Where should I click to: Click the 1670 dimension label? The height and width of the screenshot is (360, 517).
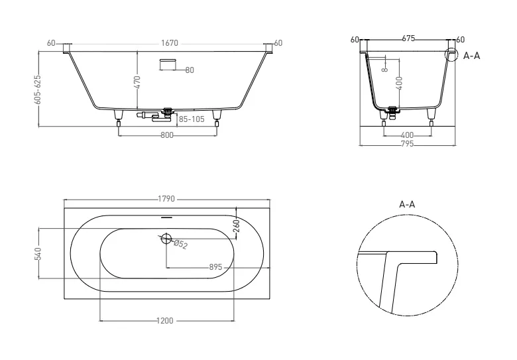(170, 43)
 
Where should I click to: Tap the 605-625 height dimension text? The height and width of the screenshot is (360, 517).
(38, 90)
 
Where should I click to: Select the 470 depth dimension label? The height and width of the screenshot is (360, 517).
(137, 82)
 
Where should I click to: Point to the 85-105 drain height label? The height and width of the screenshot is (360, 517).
(192, 119)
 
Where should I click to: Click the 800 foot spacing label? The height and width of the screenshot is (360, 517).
(167, 135)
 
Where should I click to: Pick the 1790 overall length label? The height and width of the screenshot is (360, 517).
(166, 199)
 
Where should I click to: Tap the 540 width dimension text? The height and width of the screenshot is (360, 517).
(38, 253)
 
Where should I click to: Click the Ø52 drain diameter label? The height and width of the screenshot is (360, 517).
(181, 245)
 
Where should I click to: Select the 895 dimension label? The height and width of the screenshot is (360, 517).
(215, 267)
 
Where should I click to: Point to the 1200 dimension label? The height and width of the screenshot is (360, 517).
(164, 321)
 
